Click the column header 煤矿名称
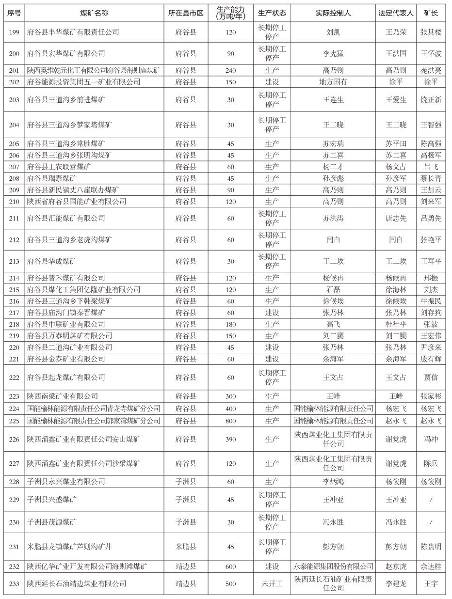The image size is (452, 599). point(94,13)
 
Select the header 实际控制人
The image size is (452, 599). point(333,13)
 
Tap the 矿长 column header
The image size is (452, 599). point(431,13)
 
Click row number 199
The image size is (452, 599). point(14,32)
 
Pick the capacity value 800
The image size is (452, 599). point(230,421)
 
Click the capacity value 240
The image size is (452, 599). point(230,70)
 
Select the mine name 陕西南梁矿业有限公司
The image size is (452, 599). point(63,396)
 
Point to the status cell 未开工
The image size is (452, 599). point(272,583)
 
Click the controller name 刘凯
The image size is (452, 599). point(333,32)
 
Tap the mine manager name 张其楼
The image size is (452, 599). point(431,32)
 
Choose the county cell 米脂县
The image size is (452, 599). point(186,547)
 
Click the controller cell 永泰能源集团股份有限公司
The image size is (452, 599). point(333,567)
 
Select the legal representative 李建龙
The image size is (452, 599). point(396,583)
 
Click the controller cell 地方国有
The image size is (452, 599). point(333,82)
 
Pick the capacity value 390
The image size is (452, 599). point(230,440)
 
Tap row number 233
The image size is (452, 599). point(14,583)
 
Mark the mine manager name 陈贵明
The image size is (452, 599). point(431,547)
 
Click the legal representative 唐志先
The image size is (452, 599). point(396,218)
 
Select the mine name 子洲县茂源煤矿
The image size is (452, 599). point(52,522)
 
